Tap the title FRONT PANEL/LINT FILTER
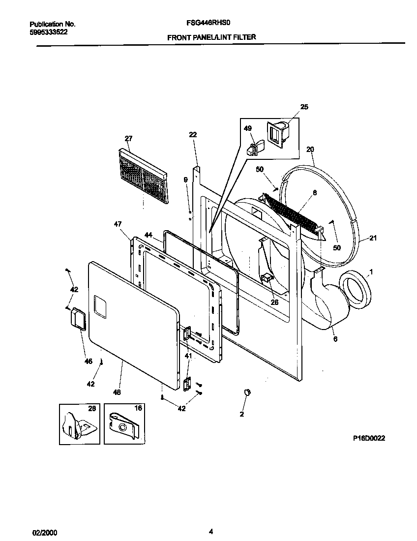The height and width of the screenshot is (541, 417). [211, 37]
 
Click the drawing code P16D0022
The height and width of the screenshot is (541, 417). [368, 438]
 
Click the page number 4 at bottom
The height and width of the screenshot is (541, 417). [210, 531]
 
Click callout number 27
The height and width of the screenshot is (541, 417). [128, 139]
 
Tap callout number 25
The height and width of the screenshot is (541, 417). [304, 107]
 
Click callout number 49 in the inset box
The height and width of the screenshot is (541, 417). [248, 129]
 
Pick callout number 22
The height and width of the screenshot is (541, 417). [193, 135]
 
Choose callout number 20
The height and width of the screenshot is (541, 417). [310, 149]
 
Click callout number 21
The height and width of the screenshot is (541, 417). [373, 239]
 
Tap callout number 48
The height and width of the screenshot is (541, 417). [117, 392]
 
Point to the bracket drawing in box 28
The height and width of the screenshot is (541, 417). [78, 424]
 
